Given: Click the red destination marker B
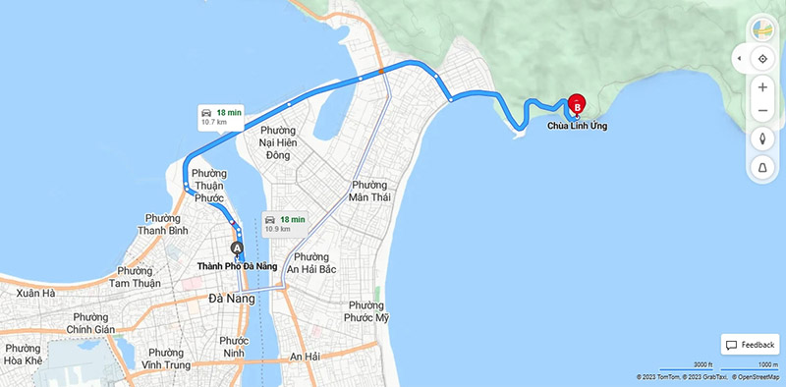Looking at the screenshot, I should [x=578, y=103].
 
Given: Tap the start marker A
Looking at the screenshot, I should [x=237, y=249].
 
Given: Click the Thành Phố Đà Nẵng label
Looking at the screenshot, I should [x=237, y=266].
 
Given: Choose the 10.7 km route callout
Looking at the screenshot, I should [x=221, y=117].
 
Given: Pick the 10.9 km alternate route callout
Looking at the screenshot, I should [x=285, y=223].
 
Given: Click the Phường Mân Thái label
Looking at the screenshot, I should [x=368, y=191].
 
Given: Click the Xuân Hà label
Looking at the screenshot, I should [x=35, y=293].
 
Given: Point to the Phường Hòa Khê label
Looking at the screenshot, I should [x=23, y=354].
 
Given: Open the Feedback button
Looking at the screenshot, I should [x=751, y=345].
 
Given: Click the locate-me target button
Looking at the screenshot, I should [x=762, y=59].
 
